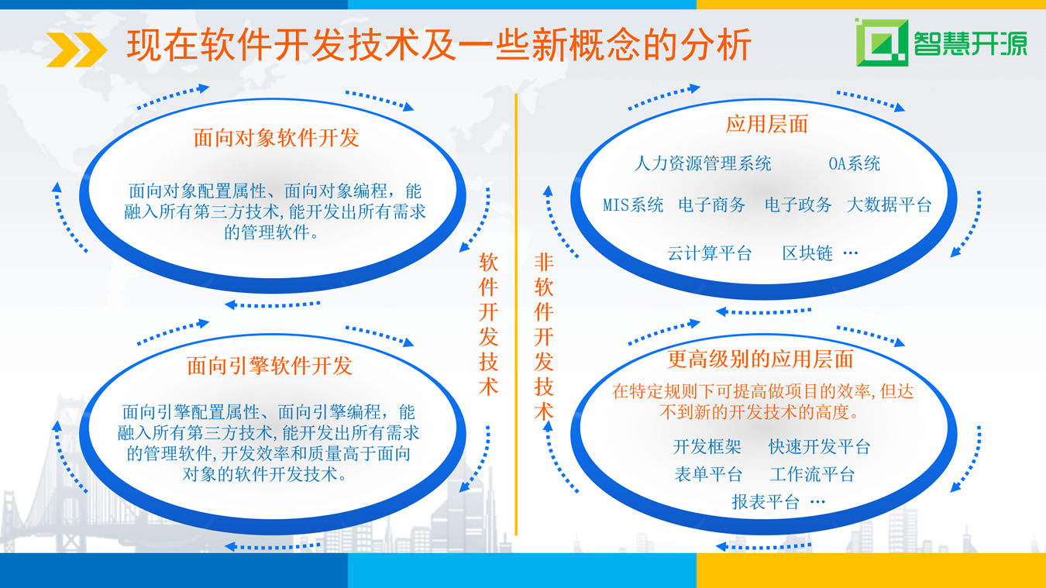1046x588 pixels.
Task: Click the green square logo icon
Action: coord(882,43)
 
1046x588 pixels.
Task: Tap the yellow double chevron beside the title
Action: coord(77,50)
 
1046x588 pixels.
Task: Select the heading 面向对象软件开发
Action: coord(276,138)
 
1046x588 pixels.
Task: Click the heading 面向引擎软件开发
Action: coord(270,365)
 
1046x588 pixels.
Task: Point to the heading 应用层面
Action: coord(767,124)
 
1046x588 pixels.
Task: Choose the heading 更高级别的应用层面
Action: coord(760,359)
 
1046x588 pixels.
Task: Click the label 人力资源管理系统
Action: coord(703,163)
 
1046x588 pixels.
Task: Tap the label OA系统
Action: coord(854,163)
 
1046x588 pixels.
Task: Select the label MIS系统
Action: coord(633,205)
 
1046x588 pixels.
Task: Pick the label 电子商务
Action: coord(711,205)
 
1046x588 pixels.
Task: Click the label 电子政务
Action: coord(798,205)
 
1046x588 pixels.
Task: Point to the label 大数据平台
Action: coord(889,205)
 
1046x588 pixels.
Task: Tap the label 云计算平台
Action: coord(709,253)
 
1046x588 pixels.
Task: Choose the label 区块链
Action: coord(807,253)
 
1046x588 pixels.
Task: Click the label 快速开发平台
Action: coord(820,447)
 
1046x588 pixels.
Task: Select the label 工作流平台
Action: coord(812,474)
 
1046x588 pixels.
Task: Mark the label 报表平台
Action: coord(766,501)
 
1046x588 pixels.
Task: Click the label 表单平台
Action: coord(708,474)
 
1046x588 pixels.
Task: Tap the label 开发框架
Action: coord(707,447)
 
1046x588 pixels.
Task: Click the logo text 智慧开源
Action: coord(970,43)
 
